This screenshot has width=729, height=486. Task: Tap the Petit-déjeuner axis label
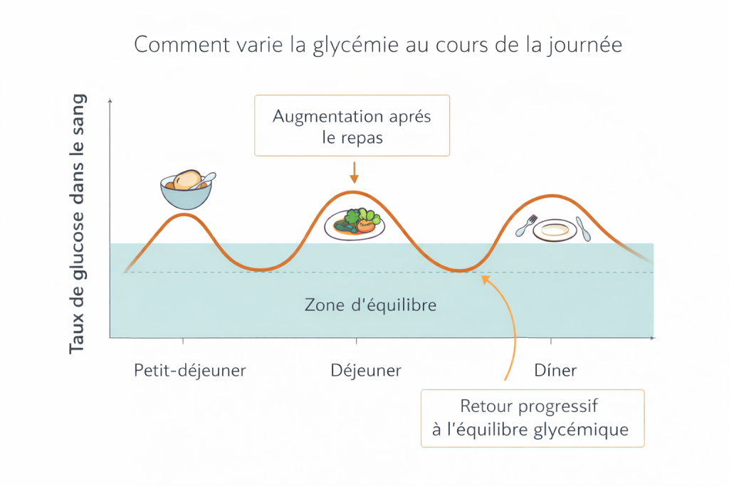pos(190,371)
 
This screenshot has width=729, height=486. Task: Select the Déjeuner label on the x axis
pos(366,371)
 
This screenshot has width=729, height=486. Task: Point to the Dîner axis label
pos(555,371)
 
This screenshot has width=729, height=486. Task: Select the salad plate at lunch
pos(355,224)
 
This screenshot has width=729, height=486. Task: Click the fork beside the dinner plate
pos(525,226)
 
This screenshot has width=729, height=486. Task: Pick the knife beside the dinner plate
pos(583,228)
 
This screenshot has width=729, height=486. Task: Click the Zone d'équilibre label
pos(370,305)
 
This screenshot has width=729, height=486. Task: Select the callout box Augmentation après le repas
pos(352,126)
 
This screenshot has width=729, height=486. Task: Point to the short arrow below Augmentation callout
pos(354,172)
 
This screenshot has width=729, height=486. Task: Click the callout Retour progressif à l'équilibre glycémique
pos(532,418)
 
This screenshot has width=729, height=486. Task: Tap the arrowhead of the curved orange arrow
pos(485,279)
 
